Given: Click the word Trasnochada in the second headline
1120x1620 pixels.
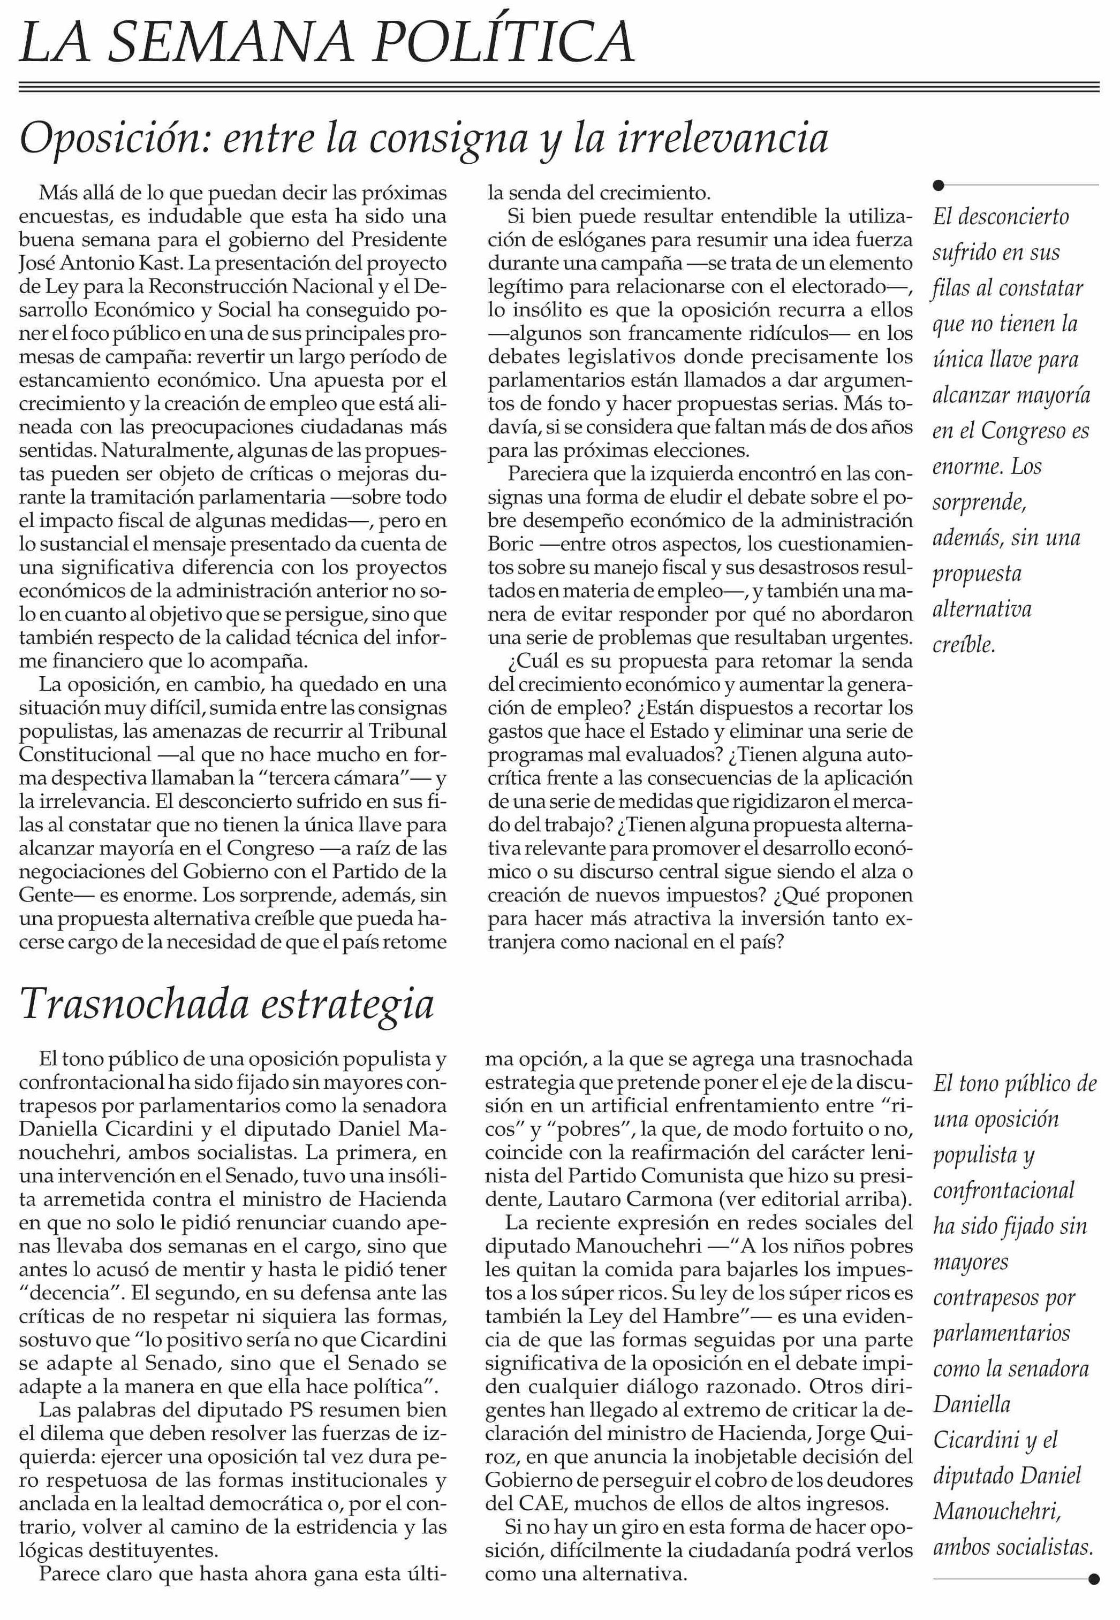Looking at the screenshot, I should pyautogui.click(x=134, y=1004).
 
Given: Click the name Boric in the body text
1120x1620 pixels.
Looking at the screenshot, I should pyautogui.click(x=511, y=544).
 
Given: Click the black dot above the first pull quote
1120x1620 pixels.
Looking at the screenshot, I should pyautogui.click(x=939, y=185).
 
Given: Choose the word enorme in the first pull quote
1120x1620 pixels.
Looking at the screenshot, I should pyautogui.click(x=966, y=467).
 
